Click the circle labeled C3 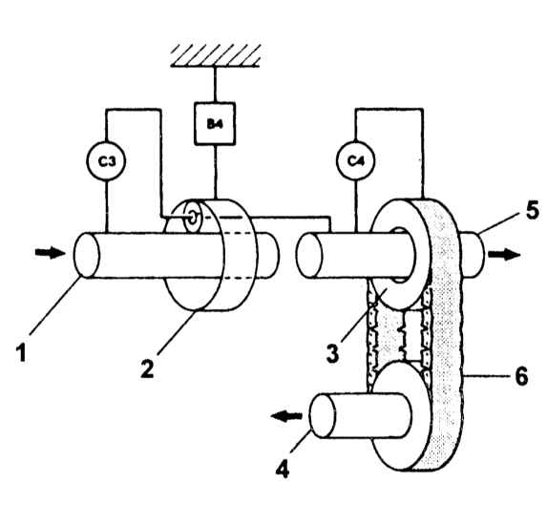coord(106,160)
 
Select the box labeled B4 coord(215,123)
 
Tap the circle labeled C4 coord(355,160)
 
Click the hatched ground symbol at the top coord(216,55)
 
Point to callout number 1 coord(22,352)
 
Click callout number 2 coord(147,368)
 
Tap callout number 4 coord(283,470)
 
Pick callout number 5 coord(533,210)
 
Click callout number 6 coord(521,376)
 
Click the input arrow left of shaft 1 coord(51,253)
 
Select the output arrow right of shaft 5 coord(504,254)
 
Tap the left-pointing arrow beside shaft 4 coord(286,416)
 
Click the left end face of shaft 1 coord(87,256)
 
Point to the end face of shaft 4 coord(323,415)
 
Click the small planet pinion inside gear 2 coord(193,218)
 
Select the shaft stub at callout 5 coord(472,255)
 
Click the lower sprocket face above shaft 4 coord(401,415)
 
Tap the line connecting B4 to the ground coord(215,84)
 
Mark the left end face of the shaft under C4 coord(309,256)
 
